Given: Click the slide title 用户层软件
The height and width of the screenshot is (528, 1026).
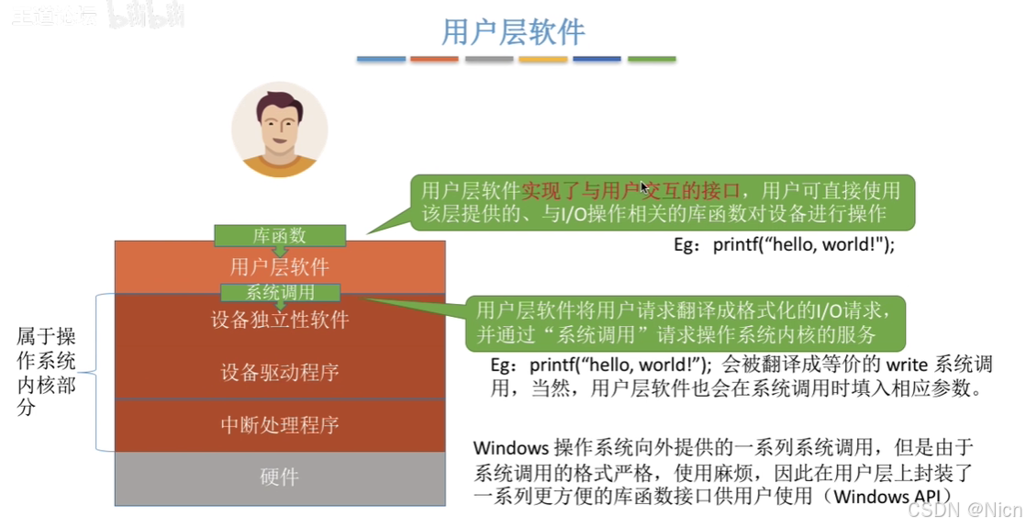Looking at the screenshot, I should pos(513,32).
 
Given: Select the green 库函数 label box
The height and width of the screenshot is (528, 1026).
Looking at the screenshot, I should pos(280,235).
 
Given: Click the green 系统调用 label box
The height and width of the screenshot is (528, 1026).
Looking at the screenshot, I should pos(280,293).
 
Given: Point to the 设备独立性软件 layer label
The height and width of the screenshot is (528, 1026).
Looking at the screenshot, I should pos(280,320).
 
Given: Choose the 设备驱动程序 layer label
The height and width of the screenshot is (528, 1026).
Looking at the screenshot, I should pos(280,372).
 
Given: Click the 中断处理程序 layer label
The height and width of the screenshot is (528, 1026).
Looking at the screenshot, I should pos(280,425).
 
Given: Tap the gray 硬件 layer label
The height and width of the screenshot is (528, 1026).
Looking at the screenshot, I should pos(280,477).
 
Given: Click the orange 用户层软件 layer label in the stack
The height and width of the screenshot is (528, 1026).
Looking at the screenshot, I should pos(280,267).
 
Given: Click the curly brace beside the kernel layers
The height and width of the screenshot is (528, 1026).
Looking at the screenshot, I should pos(99,371).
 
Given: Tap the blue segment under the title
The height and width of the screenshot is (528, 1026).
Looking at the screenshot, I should pos(381,60).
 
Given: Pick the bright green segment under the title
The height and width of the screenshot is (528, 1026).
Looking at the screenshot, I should pos(652,60).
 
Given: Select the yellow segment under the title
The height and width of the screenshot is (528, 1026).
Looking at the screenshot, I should pos(543,60).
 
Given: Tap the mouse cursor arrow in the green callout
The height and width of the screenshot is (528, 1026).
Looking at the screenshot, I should pos(645,187).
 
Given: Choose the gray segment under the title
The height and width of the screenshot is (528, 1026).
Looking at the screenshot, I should pos(489,60).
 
